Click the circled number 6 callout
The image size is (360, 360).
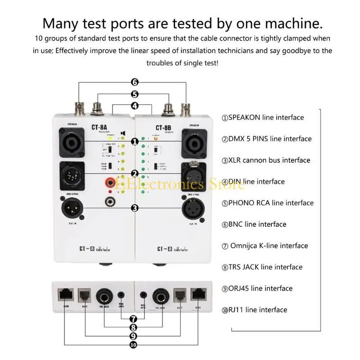pos(135,82)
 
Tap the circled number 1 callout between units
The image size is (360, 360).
pos(135,142)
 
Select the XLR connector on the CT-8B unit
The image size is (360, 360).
pos(192,209)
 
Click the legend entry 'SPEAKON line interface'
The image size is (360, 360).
pos(263,117)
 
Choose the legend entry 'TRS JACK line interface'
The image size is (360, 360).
pos(262,267)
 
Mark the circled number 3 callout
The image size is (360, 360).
pos(135,208)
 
